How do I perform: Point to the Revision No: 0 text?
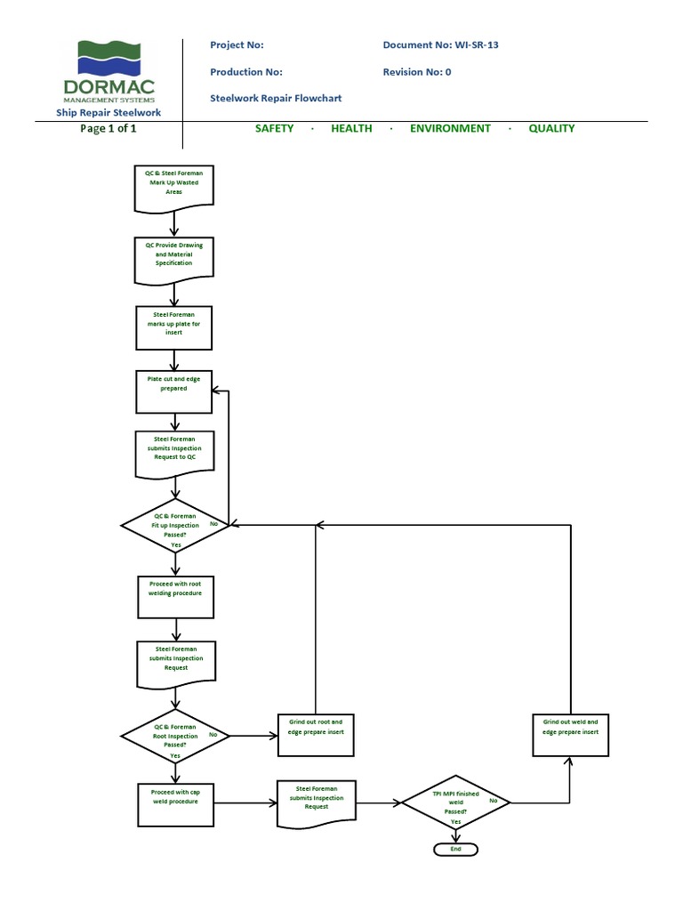pyautogui.click(x=417, y=72)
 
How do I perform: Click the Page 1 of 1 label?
pyautogui.click(x=108, y=128)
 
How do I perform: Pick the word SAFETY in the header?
pyautogui.click(x=274, y=128)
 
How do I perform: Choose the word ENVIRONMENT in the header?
pyautogui.click(x=450, y=128)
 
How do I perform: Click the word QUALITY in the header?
pyautogui.click(x=551, y=128)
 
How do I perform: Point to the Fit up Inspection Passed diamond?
pyautogui.click(x=176, y=526)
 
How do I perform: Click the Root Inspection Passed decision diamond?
pyautogui.click(x=175, y=735)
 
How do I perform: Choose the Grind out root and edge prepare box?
pyautogui.click(x=317, y=732)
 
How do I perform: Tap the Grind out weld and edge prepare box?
pyautogui.click(x=571, y=732)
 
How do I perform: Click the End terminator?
pyautogui.click(x=456, y=849)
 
